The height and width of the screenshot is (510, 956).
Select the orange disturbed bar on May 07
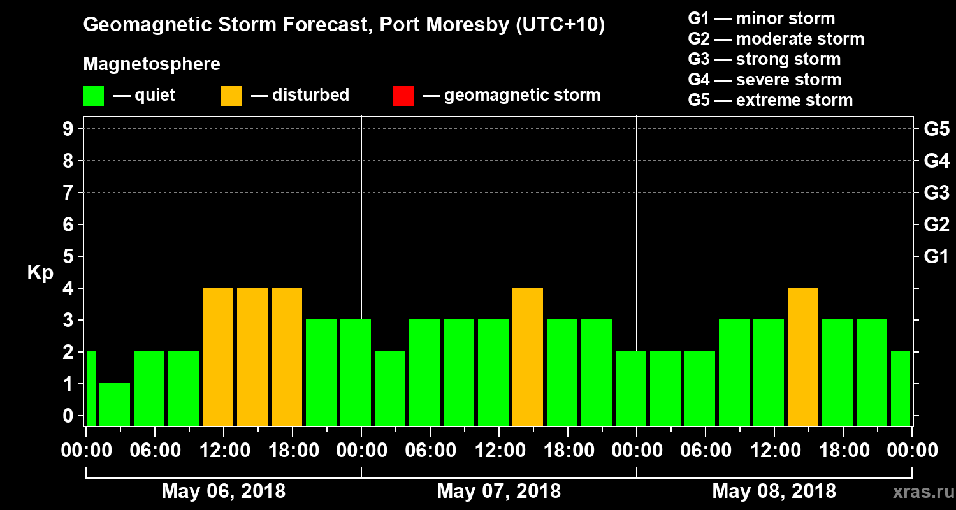tap(528, 356)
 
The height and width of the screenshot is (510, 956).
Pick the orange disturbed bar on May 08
tap(803, 356)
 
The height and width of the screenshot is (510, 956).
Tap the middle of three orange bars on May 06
tap(252, 356)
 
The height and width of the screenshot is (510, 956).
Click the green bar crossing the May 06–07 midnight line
tap(356, 372)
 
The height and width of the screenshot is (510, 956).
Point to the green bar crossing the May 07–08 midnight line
tap(631, 388)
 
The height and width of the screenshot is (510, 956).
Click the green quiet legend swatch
tap(93, 96)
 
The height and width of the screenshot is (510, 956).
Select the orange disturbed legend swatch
tap(231, 96)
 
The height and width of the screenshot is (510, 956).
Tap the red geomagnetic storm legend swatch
tap(403, 96)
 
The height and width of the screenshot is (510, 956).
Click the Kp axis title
tap(40, 273)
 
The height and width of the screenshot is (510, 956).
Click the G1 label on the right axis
tap(936, 257)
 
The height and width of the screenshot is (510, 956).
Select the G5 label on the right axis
tap(936, 129)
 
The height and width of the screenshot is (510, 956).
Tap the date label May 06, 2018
tap(223, 492)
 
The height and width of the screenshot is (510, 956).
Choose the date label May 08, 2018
tap(774, 492)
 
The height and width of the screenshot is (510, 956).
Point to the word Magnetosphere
tap(152, 64)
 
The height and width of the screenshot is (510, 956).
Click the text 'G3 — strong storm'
tap(764, 59)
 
